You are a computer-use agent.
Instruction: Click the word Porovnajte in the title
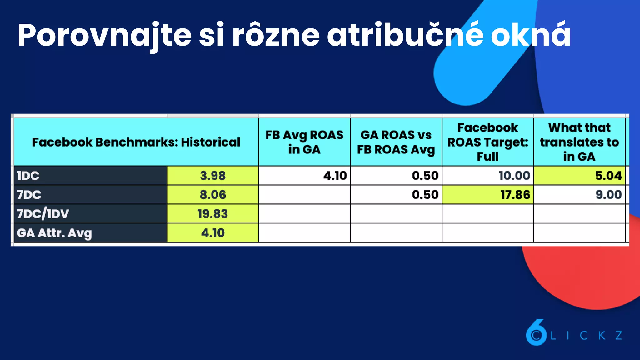point(104,35)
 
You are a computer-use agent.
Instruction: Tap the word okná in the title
point(531,35)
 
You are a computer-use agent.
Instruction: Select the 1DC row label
point(28,176)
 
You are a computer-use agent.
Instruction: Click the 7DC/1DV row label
point(43,214)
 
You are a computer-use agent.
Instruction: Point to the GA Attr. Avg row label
point(54,233)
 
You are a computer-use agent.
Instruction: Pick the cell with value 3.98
point(213,176)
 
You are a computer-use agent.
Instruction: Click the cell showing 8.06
point(213,195)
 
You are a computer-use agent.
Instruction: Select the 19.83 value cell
point(213,214)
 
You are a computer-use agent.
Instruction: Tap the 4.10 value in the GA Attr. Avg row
point(213,233)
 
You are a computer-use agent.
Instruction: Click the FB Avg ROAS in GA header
point(304,142)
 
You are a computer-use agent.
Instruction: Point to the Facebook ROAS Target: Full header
point(487,142)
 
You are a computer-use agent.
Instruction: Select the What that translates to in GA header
point(579,142)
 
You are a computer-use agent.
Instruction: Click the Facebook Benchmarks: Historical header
point(136,142)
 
